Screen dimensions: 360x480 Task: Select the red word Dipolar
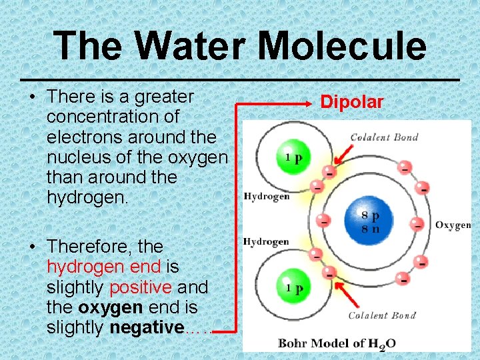(352, 102)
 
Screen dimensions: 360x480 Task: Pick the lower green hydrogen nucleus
(291, 287)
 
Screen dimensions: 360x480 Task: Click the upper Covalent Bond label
(384, 137)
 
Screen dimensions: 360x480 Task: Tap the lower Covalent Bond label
(383, 315)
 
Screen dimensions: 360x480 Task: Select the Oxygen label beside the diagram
(453, 225)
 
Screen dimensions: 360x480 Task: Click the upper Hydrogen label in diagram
(267, 196)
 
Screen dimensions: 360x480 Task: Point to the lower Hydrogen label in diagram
(267, 241)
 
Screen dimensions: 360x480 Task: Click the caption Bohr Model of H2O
(337, 343)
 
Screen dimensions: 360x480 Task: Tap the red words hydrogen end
(103, 267)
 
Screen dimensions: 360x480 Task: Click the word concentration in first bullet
(113, 117)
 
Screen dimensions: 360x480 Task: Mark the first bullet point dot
(33, 97)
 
